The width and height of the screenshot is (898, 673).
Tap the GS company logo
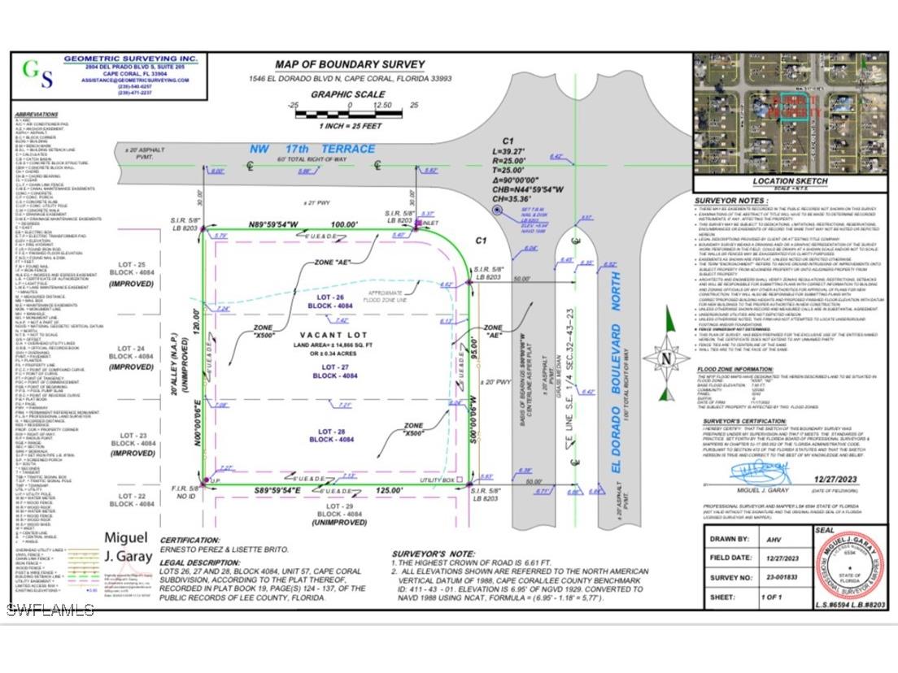pos(37,73)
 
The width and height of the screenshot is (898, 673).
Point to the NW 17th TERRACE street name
pos(312,149)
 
